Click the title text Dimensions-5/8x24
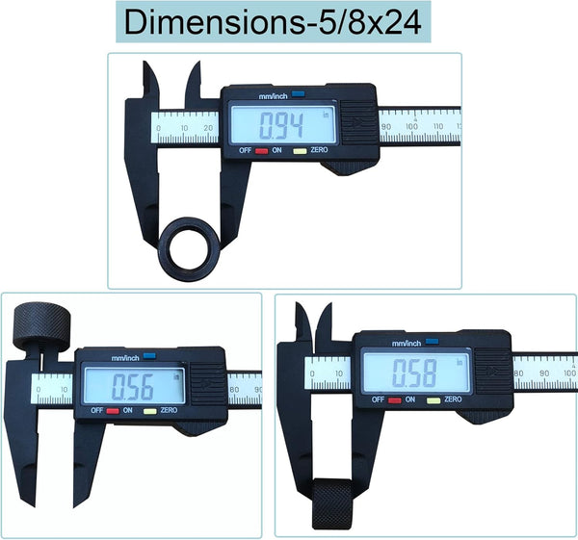click(x=273, y=22)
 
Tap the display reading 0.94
click(x=282, y=124)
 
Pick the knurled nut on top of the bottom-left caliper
click(x=41, y=326)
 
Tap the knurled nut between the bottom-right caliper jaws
click(x=332, y=503)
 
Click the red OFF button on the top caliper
click(x=261, y=151)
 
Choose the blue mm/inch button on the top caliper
click(x=299, y=94)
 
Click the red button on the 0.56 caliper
click(x=113, y=411)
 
